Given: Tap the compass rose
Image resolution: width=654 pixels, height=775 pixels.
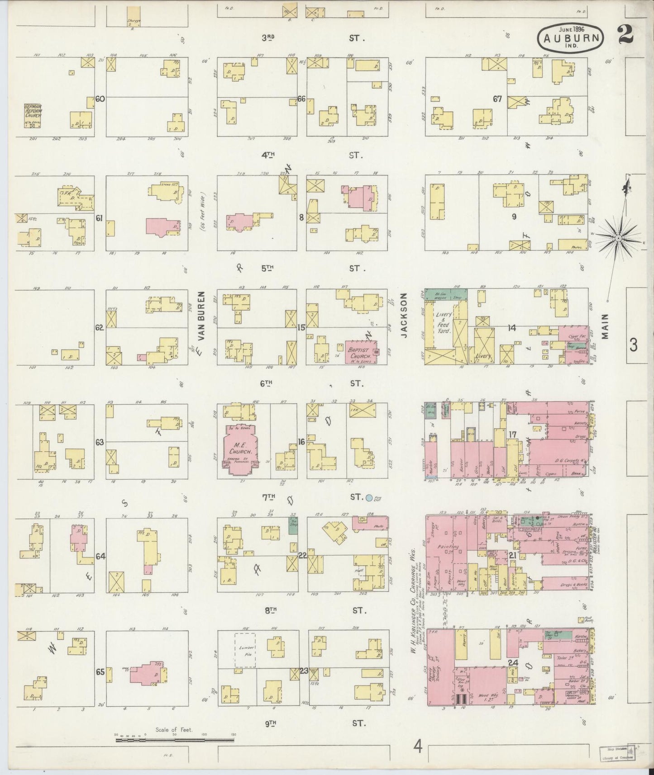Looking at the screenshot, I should click(x=618, y=238).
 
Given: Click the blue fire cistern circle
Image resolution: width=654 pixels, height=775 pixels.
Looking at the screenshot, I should click(x=369, y=498).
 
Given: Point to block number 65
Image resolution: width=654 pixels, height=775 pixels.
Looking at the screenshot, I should click(x=100, y=672).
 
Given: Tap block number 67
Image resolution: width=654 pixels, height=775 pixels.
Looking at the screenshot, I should click(x=497, y=99).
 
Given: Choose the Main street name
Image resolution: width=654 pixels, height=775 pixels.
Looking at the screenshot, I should click(x=606, y=326).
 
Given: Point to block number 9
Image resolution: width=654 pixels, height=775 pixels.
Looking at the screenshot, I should click(x=514, y=217).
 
